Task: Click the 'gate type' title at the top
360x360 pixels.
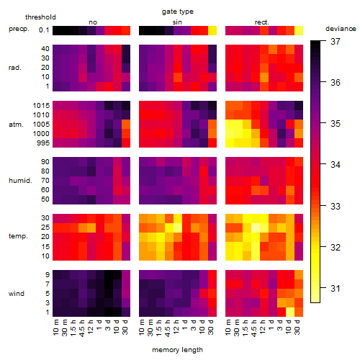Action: pyautogui.click(x=178, y=12)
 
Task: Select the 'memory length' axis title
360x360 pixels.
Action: pyautogui.click(x=177, y=350)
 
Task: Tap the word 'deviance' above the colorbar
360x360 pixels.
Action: pyautogui.click(x=341, y=29)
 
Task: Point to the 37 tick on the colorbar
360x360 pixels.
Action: pyautogui.click(x=336, y=42)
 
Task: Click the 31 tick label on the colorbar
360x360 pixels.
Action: pyautogui.click(x=336, y=288)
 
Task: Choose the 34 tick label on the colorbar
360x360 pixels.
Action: pyautogui.click(x=336, y=165)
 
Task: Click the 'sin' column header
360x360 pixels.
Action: pyautogui.click(x=177, y=22)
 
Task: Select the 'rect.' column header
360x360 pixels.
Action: pyautogui.click(x=262, y=22)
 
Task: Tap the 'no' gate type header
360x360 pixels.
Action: pyautogui.click(x=93, y=22)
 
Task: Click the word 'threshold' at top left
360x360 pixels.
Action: pyautogui.click(x=40, y=17)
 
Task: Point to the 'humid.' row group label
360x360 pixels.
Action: pyautogui.click(x=20, y=181)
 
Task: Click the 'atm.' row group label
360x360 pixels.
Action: pyautogui.click(x=16, y=125)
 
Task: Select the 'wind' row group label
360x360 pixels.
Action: pyautogui.click(x=17, y=294)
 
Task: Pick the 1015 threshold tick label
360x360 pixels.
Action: pyautogui.click(x=41, y=106)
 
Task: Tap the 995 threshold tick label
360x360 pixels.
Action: pyautogui.click(x=43, y=143)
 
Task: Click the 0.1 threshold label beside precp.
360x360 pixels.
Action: pyautogui.click(x=44, y=30)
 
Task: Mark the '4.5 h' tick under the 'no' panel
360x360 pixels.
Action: pyautogui.click(x=82, y=328)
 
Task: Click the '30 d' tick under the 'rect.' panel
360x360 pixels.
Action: pyautogui.click(x=297, y=327)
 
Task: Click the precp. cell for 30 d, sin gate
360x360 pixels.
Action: pyautogui.click(x=212, y=31)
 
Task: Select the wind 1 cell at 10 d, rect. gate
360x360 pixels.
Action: pyautogui.click(x=290, y=312)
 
